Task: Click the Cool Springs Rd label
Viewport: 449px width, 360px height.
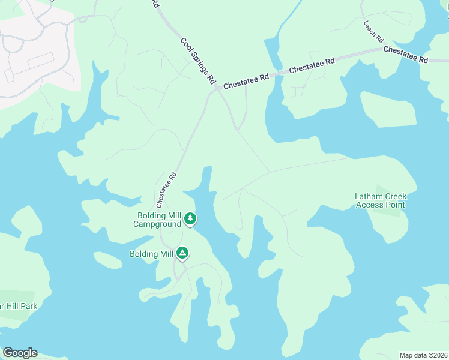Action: (198, 61)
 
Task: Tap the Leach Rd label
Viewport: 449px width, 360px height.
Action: (373, 31)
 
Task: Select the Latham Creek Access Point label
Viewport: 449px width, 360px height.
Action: (381, 200)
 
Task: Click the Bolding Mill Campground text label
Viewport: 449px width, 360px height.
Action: (157, 220)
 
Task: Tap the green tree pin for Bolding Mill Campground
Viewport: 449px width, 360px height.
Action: (190, 218)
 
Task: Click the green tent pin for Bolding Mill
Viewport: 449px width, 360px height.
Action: (182, 254)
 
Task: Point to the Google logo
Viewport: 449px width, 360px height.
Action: (20, 353)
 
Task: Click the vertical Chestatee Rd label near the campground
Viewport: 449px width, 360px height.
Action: (166, 187)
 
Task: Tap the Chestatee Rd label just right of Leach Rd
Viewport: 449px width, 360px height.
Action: (406, 55)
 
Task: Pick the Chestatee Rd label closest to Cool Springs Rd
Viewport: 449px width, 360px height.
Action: (246, 83)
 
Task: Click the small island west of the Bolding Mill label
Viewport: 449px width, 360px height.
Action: (107, 261)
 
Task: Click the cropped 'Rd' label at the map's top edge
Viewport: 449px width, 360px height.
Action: (155, 3)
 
